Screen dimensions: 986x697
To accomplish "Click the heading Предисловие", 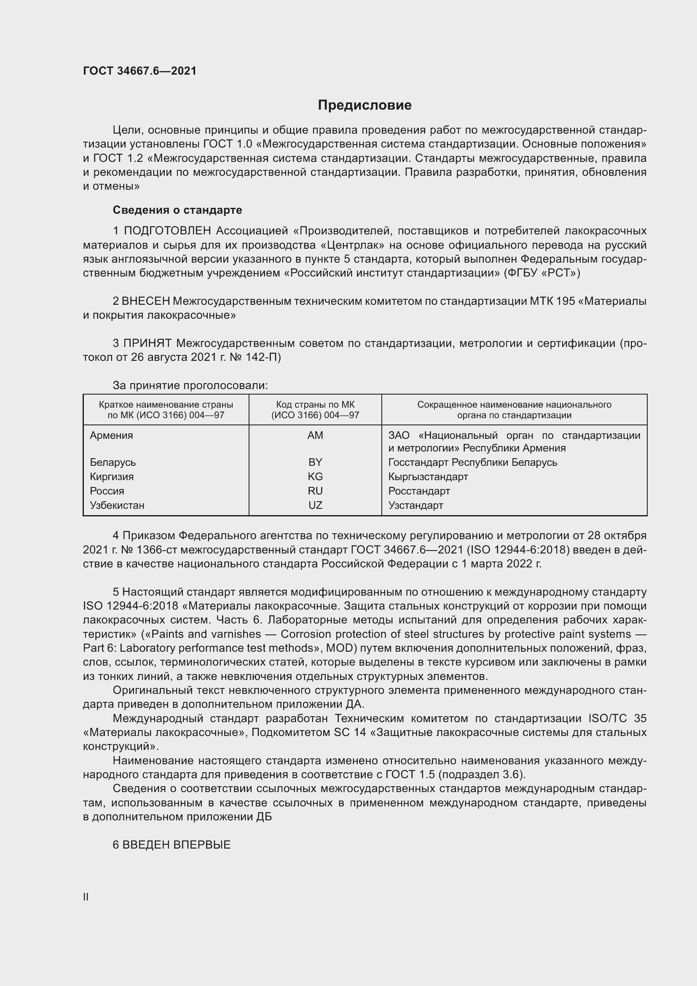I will click(x=365, y=105).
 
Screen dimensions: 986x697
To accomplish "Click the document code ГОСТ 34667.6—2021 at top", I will click(x=139, y=71).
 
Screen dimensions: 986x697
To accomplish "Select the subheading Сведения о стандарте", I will click(x=177, y=210).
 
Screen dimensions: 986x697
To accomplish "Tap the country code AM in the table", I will click(x=315, y=435).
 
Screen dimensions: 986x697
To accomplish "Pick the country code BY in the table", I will click(x=315, y=462).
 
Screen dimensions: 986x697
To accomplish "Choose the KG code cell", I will click(x=315, y=477).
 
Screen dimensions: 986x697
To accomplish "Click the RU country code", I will click(x=315, y=491).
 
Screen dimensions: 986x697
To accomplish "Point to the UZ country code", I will click(x=315, y=505).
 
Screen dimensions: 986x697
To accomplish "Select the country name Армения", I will click(x=111, y=435).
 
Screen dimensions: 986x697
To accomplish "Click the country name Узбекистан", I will click(x=117, y=505).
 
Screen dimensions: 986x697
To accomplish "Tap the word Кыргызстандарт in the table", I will click(x=428, y=477).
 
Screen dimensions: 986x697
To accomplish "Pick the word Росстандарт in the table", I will click(x=419, y=491).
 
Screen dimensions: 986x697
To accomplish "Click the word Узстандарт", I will click(x=416, y=505).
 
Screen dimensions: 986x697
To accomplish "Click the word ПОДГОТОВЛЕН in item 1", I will click(x=167, y=231).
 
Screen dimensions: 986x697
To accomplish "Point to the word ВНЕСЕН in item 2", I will click(x=146, y=301).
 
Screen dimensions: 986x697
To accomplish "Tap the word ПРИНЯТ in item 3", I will click(x=147, y=344).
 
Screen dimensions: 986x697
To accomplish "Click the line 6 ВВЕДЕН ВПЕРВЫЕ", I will click(x=172, y=845).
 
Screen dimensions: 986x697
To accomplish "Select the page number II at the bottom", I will click(x=86, y=897).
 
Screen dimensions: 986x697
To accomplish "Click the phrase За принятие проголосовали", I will click(x=190, y=386).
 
